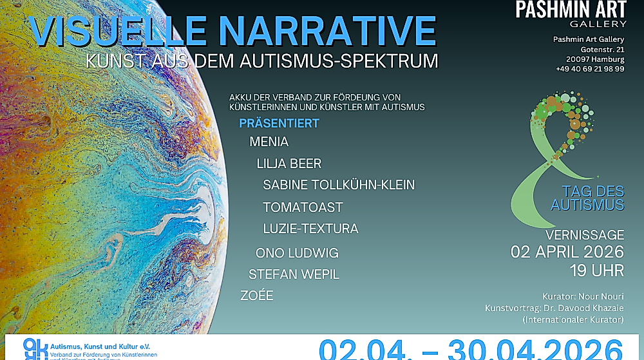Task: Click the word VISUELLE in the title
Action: (115, 31)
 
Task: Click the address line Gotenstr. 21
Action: (602, 50)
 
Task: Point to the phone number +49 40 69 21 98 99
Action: (590, 69)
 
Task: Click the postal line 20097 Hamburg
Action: (596, 59)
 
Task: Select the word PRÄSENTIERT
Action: (279, 123)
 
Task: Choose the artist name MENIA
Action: (269, 142)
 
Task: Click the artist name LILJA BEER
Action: (289, 164)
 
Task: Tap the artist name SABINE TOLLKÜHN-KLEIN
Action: (339, 185)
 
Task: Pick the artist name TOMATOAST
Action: (303, 207)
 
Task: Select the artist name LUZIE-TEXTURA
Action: (310, 229)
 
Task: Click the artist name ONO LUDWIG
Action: (297, 253)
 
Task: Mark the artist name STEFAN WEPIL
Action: (294, 274)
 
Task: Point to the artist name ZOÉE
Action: (256, 296)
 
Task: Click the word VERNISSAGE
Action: (584, 235)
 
